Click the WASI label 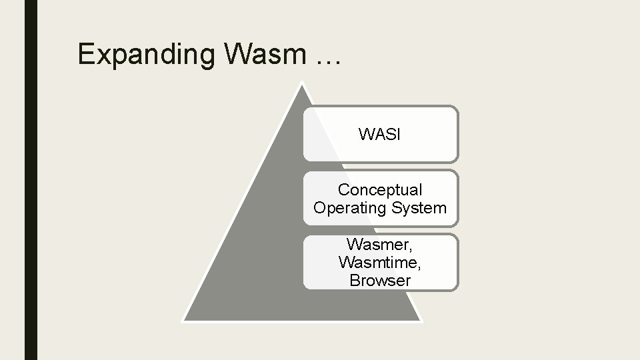point(379,135)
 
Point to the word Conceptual point(380,190)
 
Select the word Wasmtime point(379,262)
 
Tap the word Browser point(380,280)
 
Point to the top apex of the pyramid point(302,83)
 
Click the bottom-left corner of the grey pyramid point(183,321)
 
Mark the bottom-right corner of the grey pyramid point(421,321)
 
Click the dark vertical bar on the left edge point(31,180)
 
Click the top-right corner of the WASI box point(457,107)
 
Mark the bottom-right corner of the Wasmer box point(457,289)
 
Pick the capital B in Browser point(354,280)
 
